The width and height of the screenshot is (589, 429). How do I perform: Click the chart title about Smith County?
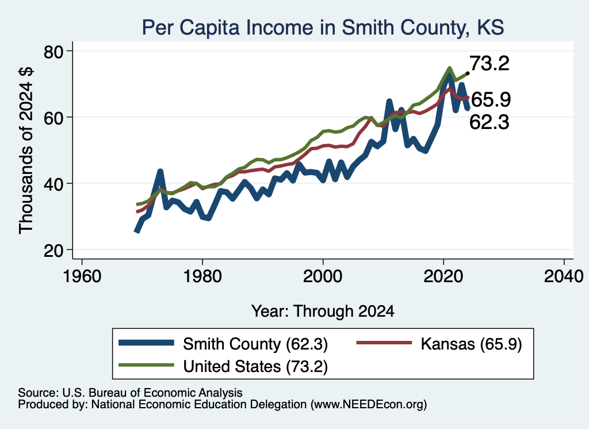click(x=323, y=28)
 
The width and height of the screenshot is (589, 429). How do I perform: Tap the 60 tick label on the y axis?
click(x=53, y=118)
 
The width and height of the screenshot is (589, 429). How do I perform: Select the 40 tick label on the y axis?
click(x=53, y=184)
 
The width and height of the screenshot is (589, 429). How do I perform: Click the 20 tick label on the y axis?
click(x=53, y=250)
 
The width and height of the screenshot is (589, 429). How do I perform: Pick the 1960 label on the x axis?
click(x=82, y=276)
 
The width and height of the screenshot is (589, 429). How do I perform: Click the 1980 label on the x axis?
click(x=202, y=276)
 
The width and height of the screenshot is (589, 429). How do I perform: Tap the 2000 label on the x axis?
click(x=323, y=276)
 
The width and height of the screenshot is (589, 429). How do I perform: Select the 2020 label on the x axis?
click(x=443, y=276)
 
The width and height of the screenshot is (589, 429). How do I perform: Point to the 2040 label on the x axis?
click(x=564, y=276)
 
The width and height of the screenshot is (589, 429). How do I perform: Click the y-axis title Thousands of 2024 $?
click(x=26, y=150)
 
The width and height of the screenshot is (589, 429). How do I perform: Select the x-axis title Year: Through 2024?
click(x=323, y=312)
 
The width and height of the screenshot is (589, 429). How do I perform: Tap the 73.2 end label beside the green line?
click(x=489, y=63)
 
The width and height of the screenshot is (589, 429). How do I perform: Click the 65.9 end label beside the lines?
click(x=491, y=100)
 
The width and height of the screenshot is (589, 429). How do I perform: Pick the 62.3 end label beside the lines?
click(x=489, y=122)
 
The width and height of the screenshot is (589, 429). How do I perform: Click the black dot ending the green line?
click(x=467, y=73)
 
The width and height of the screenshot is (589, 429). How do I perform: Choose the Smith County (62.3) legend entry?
click(x=223, y=344)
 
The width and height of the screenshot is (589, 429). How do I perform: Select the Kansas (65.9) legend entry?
click(x=439, y=344)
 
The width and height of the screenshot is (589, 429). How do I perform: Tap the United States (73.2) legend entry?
click(x=223, y=366)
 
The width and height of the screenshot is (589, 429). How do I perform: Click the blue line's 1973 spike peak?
click(x=160, y=172)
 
